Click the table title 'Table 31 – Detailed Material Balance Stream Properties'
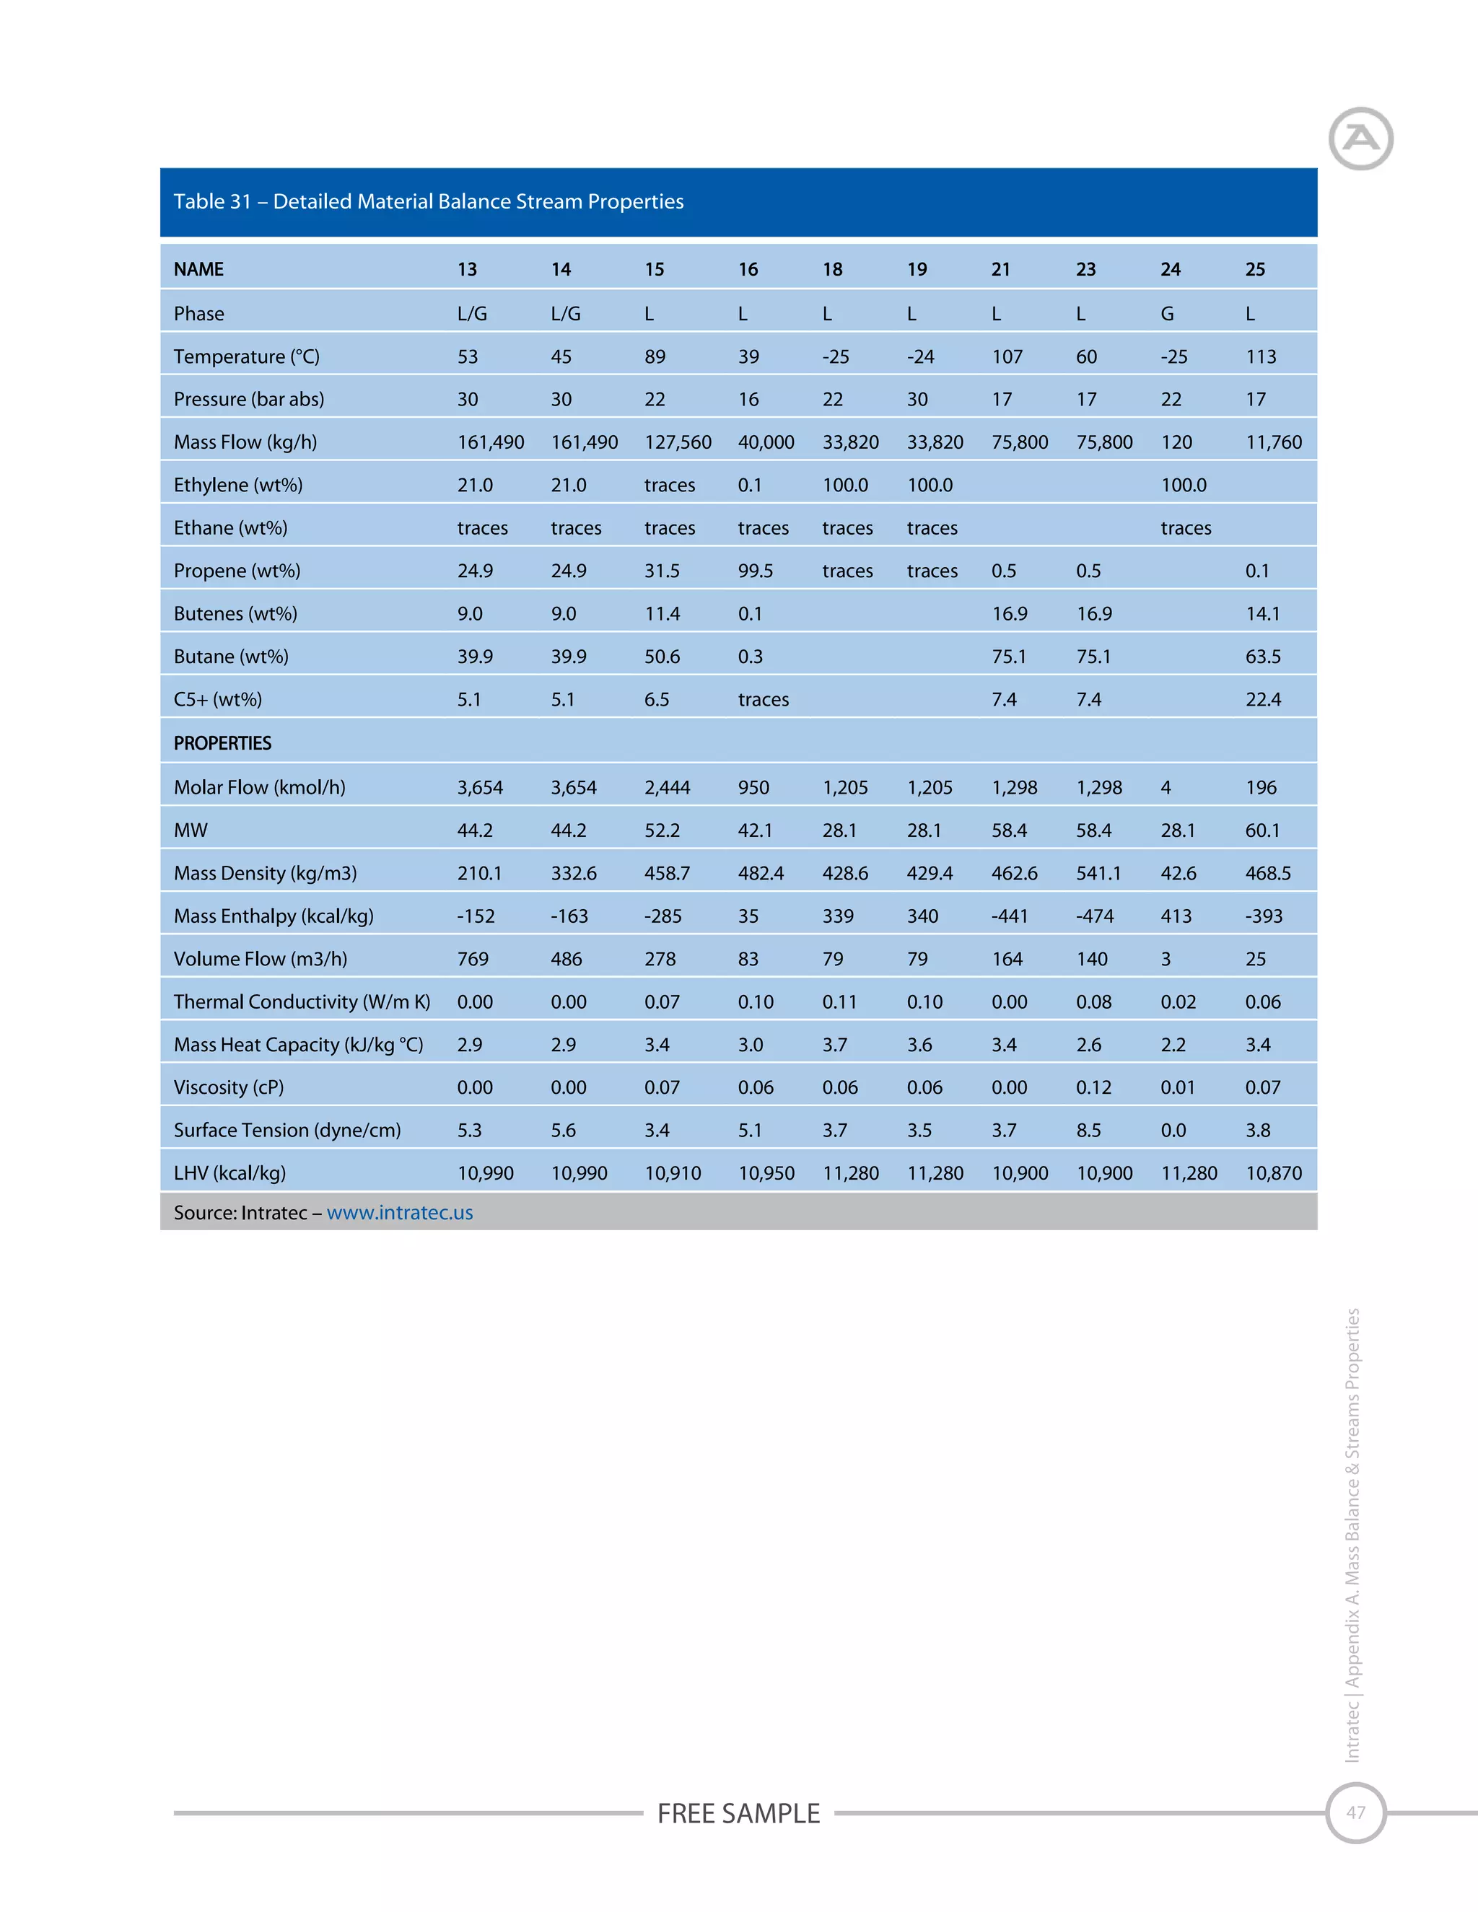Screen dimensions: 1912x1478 pyautogui.click(x=428, y=201)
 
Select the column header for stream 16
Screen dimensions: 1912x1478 pyautogui.click(x=748, y=270)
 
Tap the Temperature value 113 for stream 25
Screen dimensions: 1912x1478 pyautogui.click(x=1261, y=356)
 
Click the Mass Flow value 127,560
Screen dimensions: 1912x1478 pyautogui.click(x=678, y=442)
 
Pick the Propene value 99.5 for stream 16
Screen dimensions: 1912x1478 pyautogui.click(x=755, y=571)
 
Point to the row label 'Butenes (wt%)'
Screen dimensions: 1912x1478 pyautogui.click(x=235, y=614)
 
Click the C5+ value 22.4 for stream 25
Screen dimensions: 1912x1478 pyautogui.click(x=1263, y=699)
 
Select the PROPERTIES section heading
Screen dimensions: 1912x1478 pyautogui.click(x=222, y=743)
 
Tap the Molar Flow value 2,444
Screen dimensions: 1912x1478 pyautogui.click(x=668, y=787)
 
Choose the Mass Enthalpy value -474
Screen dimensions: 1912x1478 pyautogui.click(x=1095, y=916)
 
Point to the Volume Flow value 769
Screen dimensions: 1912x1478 pyautogui.click(x=473, y=959)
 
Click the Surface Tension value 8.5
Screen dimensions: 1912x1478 pyautogui.click(x=1088, y=1130)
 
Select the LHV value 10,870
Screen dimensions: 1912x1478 pyautogui.click(x=1274, y=1173)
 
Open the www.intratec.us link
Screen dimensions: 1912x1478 pyautogui.click(x=399, y=1213)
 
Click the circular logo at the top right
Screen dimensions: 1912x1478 pyautogui.click(x=1360, y=139)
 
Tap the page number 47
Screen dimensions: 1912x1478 pyautogui.click(x=1355, y=1812)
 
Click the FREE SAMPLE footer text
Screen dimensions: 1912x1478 pyautogui.click(x=738, y=1813)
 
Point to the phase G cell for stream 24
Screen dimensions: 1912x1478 pyautogui.click(x=1167, y=313)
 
